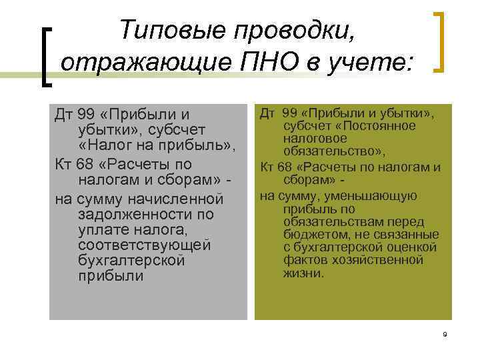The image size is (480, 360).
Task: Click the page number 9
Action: [444, 333]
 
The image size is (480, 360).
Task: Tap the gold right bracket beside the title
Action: [439, 41]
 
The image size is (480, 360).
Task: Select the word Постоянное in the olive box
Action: [385, 126]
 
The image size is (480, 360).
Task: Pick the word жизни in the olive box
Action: [301, 273]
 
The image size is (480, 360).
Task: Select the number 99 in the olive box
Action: [291, 113]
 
